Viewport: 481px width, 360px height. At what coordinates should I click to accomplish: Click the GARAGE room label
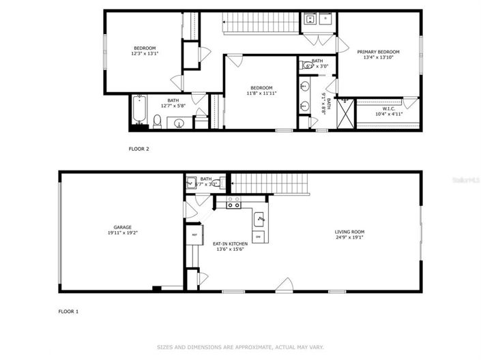[x=122, y=227]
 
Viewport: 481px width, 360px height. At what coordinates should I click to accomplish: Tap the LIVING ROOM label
[x=349, y=232]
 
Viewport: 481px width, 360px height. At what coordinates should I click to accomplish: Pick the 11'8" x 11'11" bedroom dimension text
[x=261, y=93]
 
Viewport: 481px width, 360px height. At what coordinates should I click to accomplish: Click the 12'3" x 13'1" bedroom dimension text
[x=144, y=53]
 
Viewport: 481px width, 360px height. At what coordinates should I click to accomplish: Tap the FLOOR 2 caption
[x=139, y=148]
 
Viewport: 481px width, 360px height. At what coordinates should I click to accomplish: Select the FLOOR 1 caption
[x=68, y=312]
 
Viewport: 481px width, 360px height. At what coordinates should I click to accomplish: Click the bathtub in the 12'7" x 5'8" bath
[x=139, y=112]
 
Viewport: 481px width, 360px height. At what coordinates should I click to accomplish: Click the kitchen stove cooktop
[x=233, y=202]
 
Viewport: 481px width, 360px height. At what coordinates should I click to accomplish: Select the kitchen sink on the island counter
[x=260, y=219]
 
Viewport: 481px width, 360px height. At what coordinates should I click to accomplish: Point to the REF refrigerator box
[x=194, y=235]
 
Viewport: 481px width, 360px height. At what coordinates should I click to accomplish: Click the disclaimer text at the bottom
[x=240, y=347]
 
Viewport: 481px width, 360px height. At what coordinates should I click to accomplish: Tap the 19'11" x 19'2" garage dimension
[x=122, y=232]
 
